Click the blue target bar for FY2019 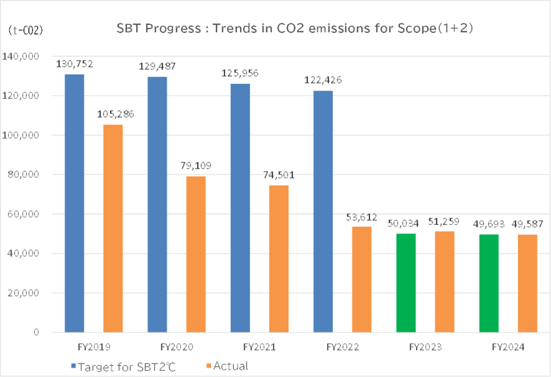tap(74, 203)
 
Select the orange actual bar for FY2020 tap(196, 254)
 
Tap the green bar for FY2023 tap(406, 283)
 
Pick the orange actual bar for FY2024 tap(528, 283)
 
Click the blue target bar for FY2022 tap(323, 211)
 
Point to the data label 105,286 tap(113, 114)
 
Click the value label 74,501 tap(279, 175)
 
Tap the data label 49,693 tap(490, 223)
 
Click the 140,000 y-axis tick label tap(22, 56)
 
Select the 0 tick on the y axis tap(37, 332)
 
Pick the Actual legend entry tap(231, 367)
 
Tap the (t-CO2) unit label tap(25, 30)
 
